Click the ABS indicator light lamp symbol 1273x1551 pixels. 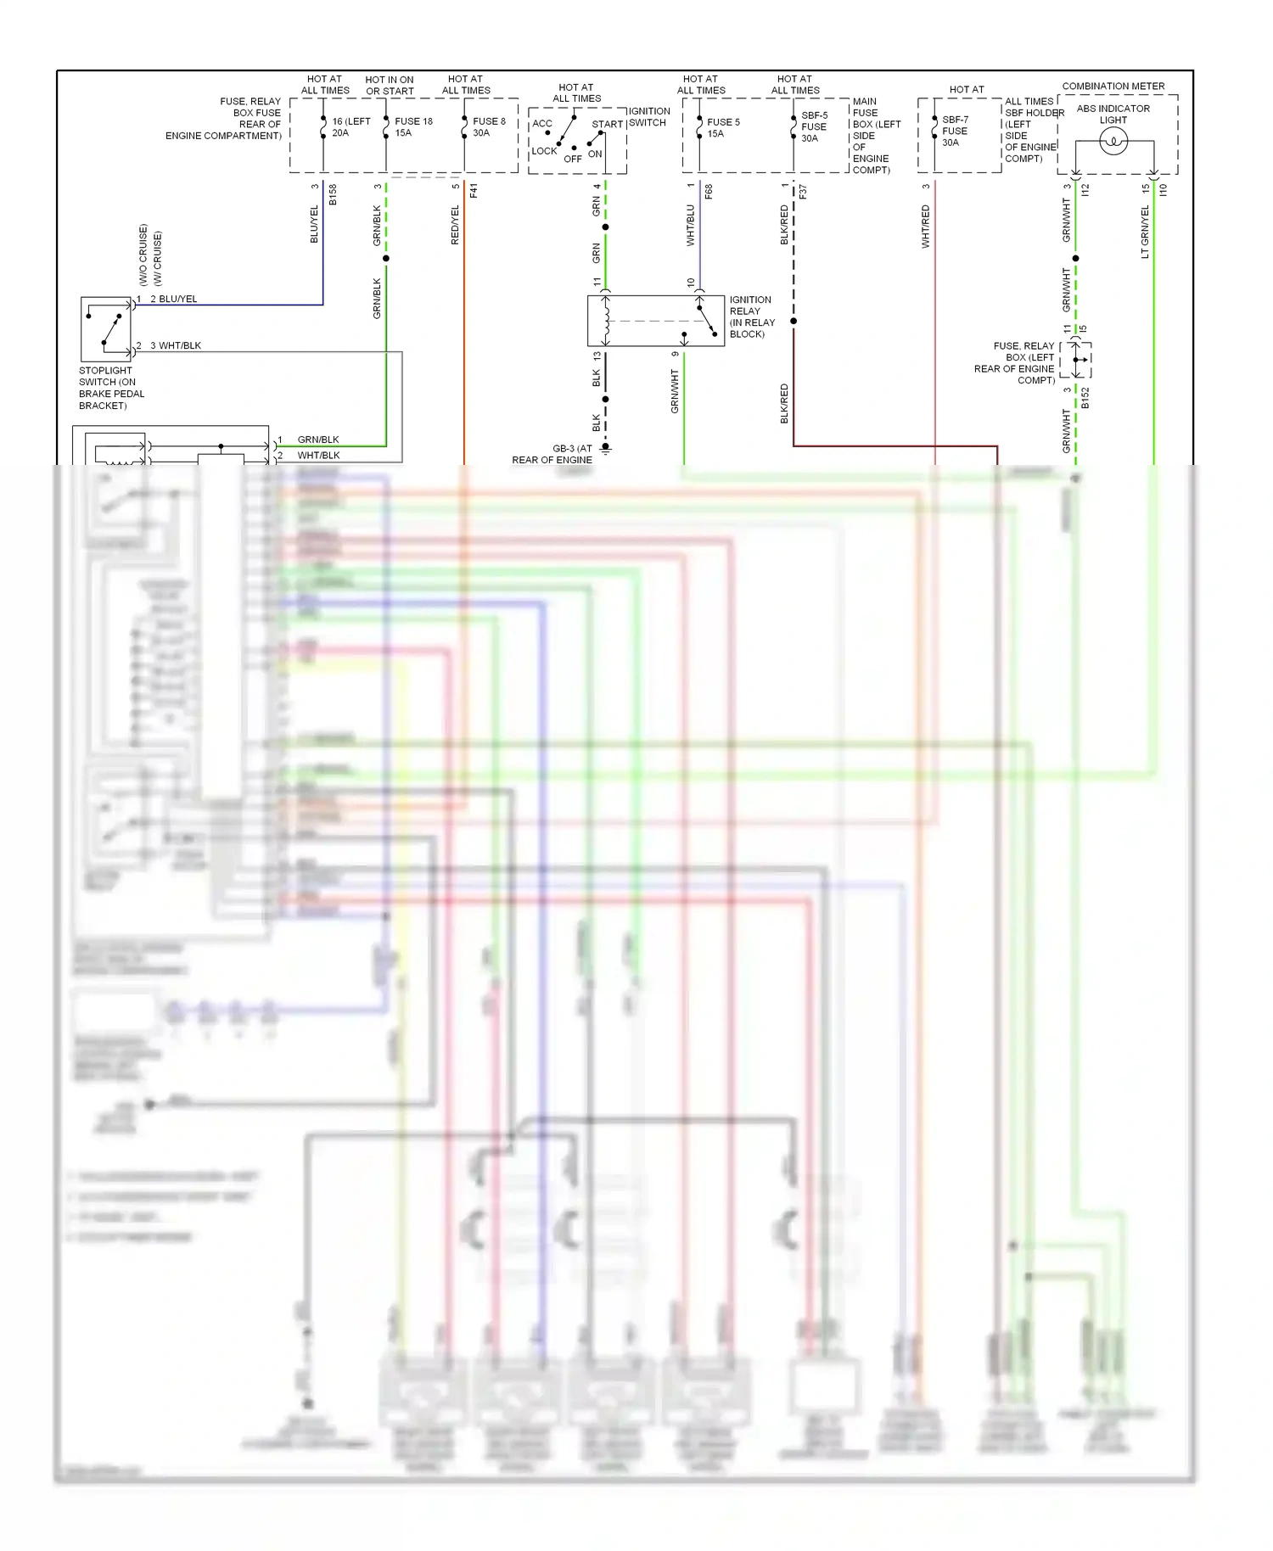coord(1113,142)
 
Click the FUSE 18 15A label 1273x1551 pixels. coord(412,126)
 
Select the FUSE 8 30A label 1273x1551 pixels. coord(488,126)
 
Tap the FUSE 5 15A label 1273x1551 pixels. coord(722,127)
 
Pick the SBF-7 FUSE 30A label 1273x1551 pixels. coord(954,131)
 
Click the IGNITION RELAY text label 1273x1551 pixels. coord(751,316)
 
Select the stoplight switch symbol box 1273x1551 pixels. coord(106,329)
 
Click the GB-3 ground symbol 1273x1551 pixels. coord(605,448)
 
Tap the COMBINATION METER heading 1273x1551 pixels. coord(1113,86)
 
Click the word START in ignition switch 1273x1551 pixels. coord(607,124)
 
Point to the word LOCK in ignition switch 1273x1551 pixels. coord(544,151)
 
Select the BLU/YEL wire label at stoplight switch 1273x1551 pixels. coord(177,299)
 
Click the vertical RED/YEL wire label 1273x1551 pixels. coord(455,225)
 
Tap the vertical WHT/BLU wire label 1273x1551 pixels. coord(690,225)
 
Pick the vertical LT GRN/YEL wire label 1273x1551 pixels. coord(1145,232)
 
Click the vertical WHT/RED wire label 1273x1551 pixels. coord(925,226)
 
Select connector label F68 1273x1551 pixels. coord(709,192)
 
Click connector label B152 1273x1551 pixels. coord(1085,398)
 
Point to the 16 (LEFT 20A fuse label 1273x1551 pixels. coord(350,126)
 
